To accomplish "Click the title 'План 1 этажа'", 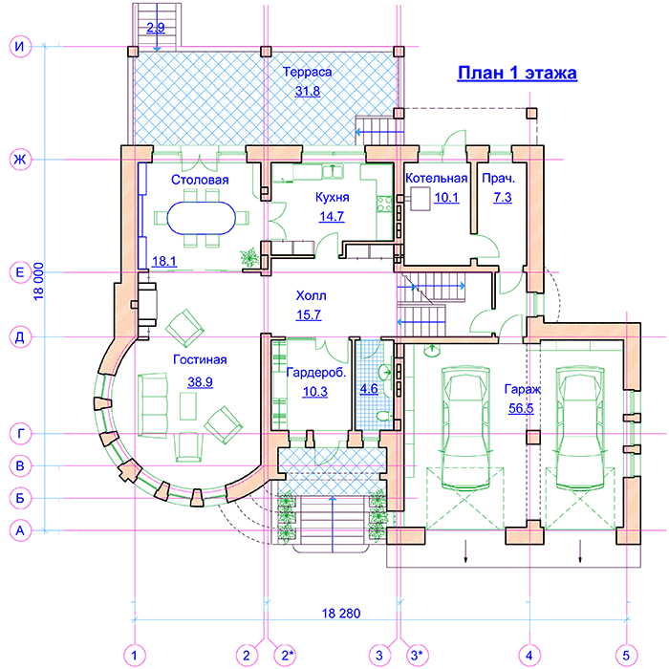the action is (x=517, y=73).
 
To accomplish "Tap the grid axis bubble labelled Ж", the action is (x=20, y=160).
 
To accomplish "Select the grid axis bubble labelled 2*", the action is (x=287, y=655).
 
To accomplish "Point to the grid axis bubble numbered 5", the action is (x=626, y=655).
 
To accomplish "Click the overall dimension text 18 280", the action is (x=341, y=614).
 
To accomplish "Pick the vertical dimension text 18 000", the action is (x=38, y=282).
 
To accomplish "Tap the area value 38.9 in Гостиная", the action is (x=200, y=381).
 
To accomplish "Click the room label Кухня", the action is (x=332, y=197).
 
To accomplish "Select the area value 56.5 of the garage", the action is (x=521, y=408).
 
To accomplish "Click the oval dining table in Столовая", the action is (x=201, y=218).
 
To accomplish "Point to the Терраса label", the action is (x=307, y=72).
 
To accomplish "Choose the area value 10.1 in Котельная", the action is (x=446, y=198).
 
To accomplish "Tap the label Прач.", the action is (x=498, y=178).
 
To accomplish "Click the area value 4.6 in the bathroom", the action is (x=369, y=389).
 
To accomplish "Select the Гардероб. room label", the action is (x=316, y=373).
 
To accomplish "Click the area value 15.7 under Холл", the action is (x=309, y=314).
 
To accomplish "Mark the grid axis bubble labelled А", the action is (x=20, y=530).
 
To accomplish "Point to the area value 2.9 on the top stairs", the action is (x=155, y=28).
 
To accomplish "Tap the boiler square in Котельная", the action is (x=421, y=199).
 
